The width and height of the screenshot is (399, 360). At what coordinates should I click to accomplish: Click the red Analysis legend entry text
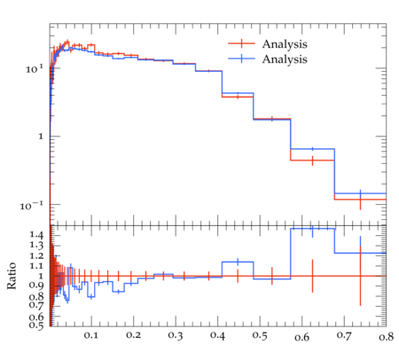point(285,44)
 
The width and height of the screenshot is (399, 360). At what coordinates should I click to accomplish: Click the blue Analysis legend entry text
point(285,59)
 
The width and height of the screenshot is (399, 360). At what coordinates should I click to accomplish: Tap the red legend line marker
point(241,43)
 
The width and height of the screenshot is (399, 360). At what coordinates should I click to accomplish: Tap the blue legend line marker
point(241,59)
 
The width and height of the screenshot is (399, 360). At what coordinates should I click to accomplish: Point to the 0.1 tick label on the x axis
point(91,335)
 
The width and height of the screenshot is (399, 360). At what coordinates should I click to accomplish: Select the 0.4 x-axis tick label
point(218,335)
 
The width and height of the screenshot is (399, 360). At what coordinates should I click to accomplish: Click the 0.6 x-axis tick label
point(302,337)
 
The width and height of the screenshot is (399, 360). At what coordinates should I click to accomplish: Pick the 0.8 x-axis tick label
point(387,337)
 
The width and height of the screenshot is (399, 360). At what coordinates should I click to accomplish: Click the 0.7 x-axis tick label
point(344,335)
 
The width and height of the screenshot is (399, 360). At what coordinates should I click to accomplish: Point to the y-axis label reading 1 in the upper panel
point(41,137)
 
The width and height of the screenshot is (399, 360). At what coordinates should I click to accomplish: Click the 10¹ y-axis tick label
point(35,69)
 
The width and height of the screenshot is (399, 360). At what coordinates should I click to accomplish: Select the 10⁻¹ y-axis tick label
point(32,205)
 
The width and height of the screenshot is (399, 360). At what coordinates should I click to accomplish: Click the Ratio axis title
point(12,276)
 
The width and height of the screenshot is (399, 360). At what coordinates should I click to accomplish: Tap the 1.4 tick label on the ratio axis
point(36,235)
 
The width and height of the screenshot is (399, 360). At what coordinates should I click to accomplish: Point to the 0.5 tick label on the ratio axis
point(36,325)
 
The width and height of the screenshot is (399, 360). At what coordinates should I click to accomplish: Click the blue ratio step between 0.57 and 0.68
point(313,229)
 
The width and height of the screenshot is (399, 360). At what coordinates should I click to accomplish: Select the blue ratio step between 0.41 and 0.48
point(238,262)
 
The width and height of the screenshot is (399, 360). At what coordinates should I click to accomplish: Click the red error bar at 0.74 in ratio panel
point(360,276)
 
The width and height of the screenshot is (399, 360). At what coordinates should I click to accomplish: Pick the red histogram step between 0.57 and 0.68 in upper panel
point(313,160)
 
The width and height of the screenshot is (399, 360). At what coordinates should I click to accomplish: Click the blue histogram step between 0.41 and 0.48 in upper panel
point(238,93)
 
